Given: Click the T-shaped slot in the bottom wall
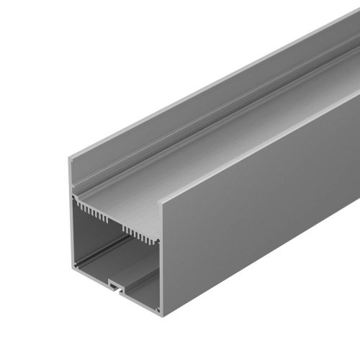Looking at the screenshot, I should [x=114, y=286].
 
